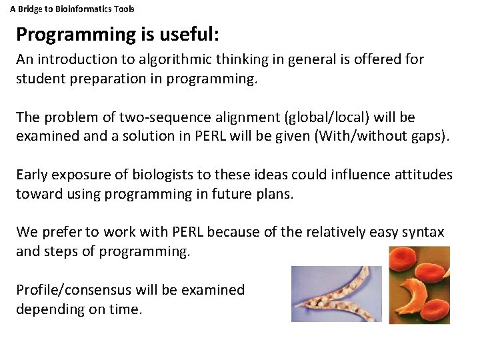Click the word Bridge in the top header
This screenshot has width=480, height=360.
pyautogui.click(x=30, y=9)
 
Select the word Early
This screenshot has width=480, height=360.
pyautogui.click(x=32, y=175)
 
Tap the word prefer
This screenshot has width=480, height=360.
pyautogui.click(x=63, y=233)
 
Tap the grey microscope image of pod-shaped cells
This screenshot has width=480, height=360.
pyautogui.click(x=336, y=294)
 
